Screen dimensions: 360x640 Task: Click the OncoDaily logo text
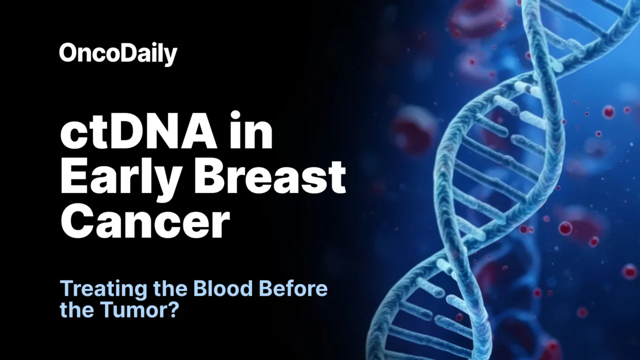(118, 53)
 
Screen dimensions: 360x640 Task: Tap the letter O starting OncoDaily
(67, 52)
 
